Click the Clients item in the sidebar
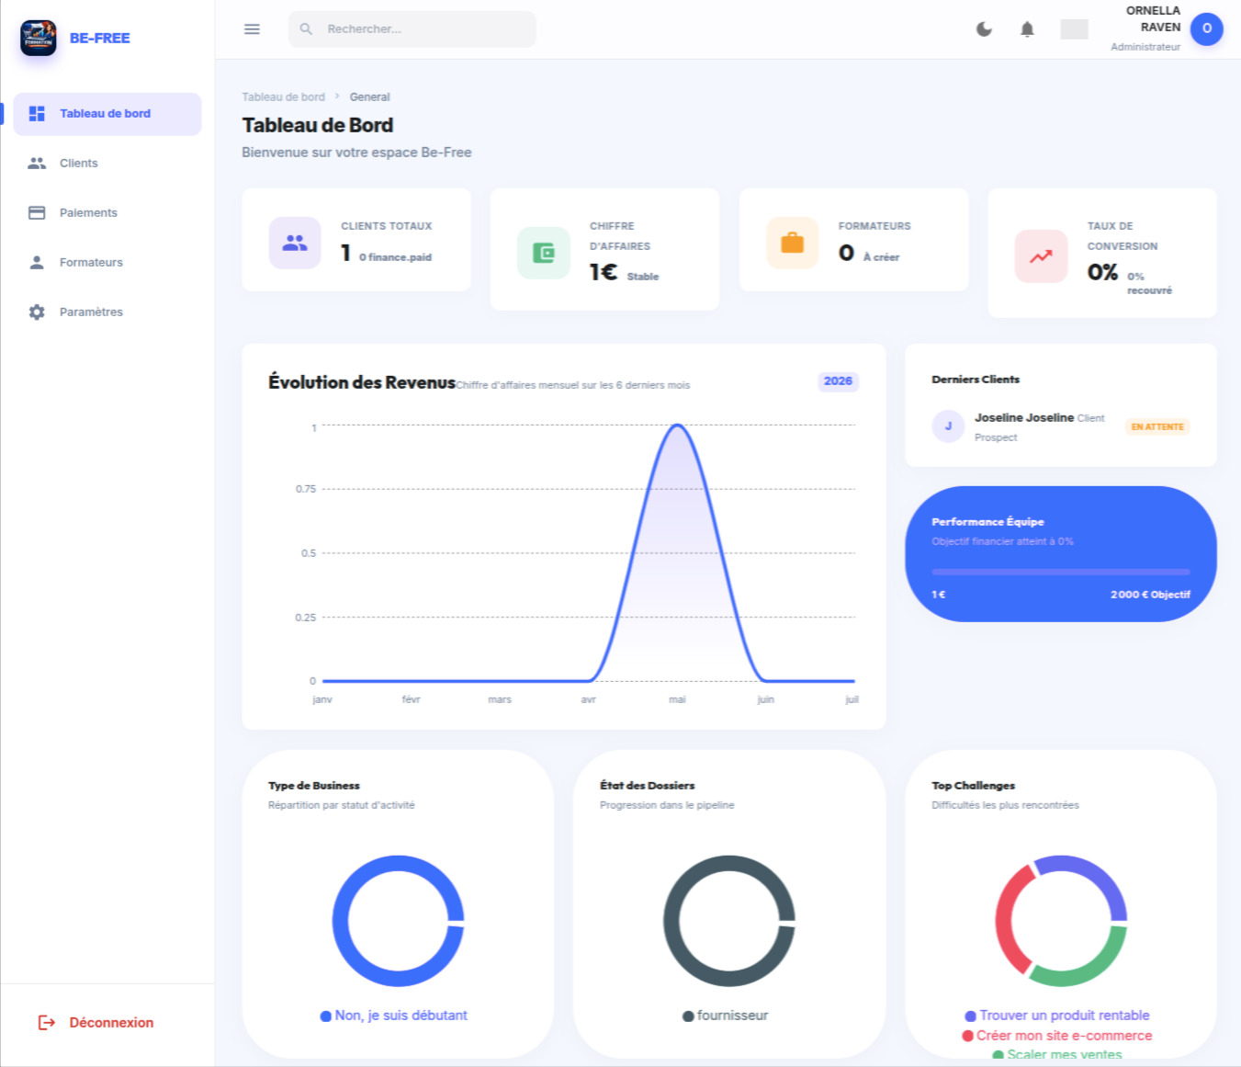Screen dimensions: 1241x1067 (78, 163)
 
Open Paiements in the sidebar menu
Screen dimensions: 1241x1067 (87, 212)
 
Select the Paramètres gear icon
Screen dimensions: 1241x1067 (37, 312)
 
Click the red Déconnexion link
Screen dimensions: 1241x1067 (96, 1023)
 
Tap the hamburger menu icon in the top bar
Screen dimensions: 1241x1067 (253, 28)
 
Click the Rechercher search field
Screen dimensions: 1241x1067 (412, 28)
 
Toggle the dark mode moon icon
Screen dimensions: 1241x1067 (984, 28)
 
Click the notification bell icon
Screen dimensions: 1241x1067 (1027, 28)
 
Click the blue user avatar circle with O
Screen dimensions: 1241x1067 (1207, 28)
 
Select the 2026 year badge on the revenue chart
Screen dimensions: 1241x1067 (838, 380)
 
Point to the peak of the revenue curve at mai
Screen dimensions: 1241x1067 (677, 425)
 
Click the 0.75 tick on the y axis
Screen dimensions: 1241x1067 (306, 489)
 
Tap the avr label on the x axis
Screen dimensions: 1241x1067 (589, 699)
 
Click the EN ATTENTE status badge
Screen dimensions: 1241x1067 (1157, 426)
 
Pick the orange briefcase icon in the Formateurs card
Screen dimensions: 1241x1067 (793, 243)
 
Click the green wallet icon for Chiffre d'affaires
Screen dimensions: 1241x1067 (544, 253)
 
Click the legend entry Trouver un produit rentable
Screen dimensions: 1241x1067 (1057, 1016)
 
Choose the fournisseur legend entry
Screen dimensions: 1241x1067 (726, 1016)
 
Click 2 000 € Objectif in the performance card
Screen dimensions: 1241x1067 (1150, 595)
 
